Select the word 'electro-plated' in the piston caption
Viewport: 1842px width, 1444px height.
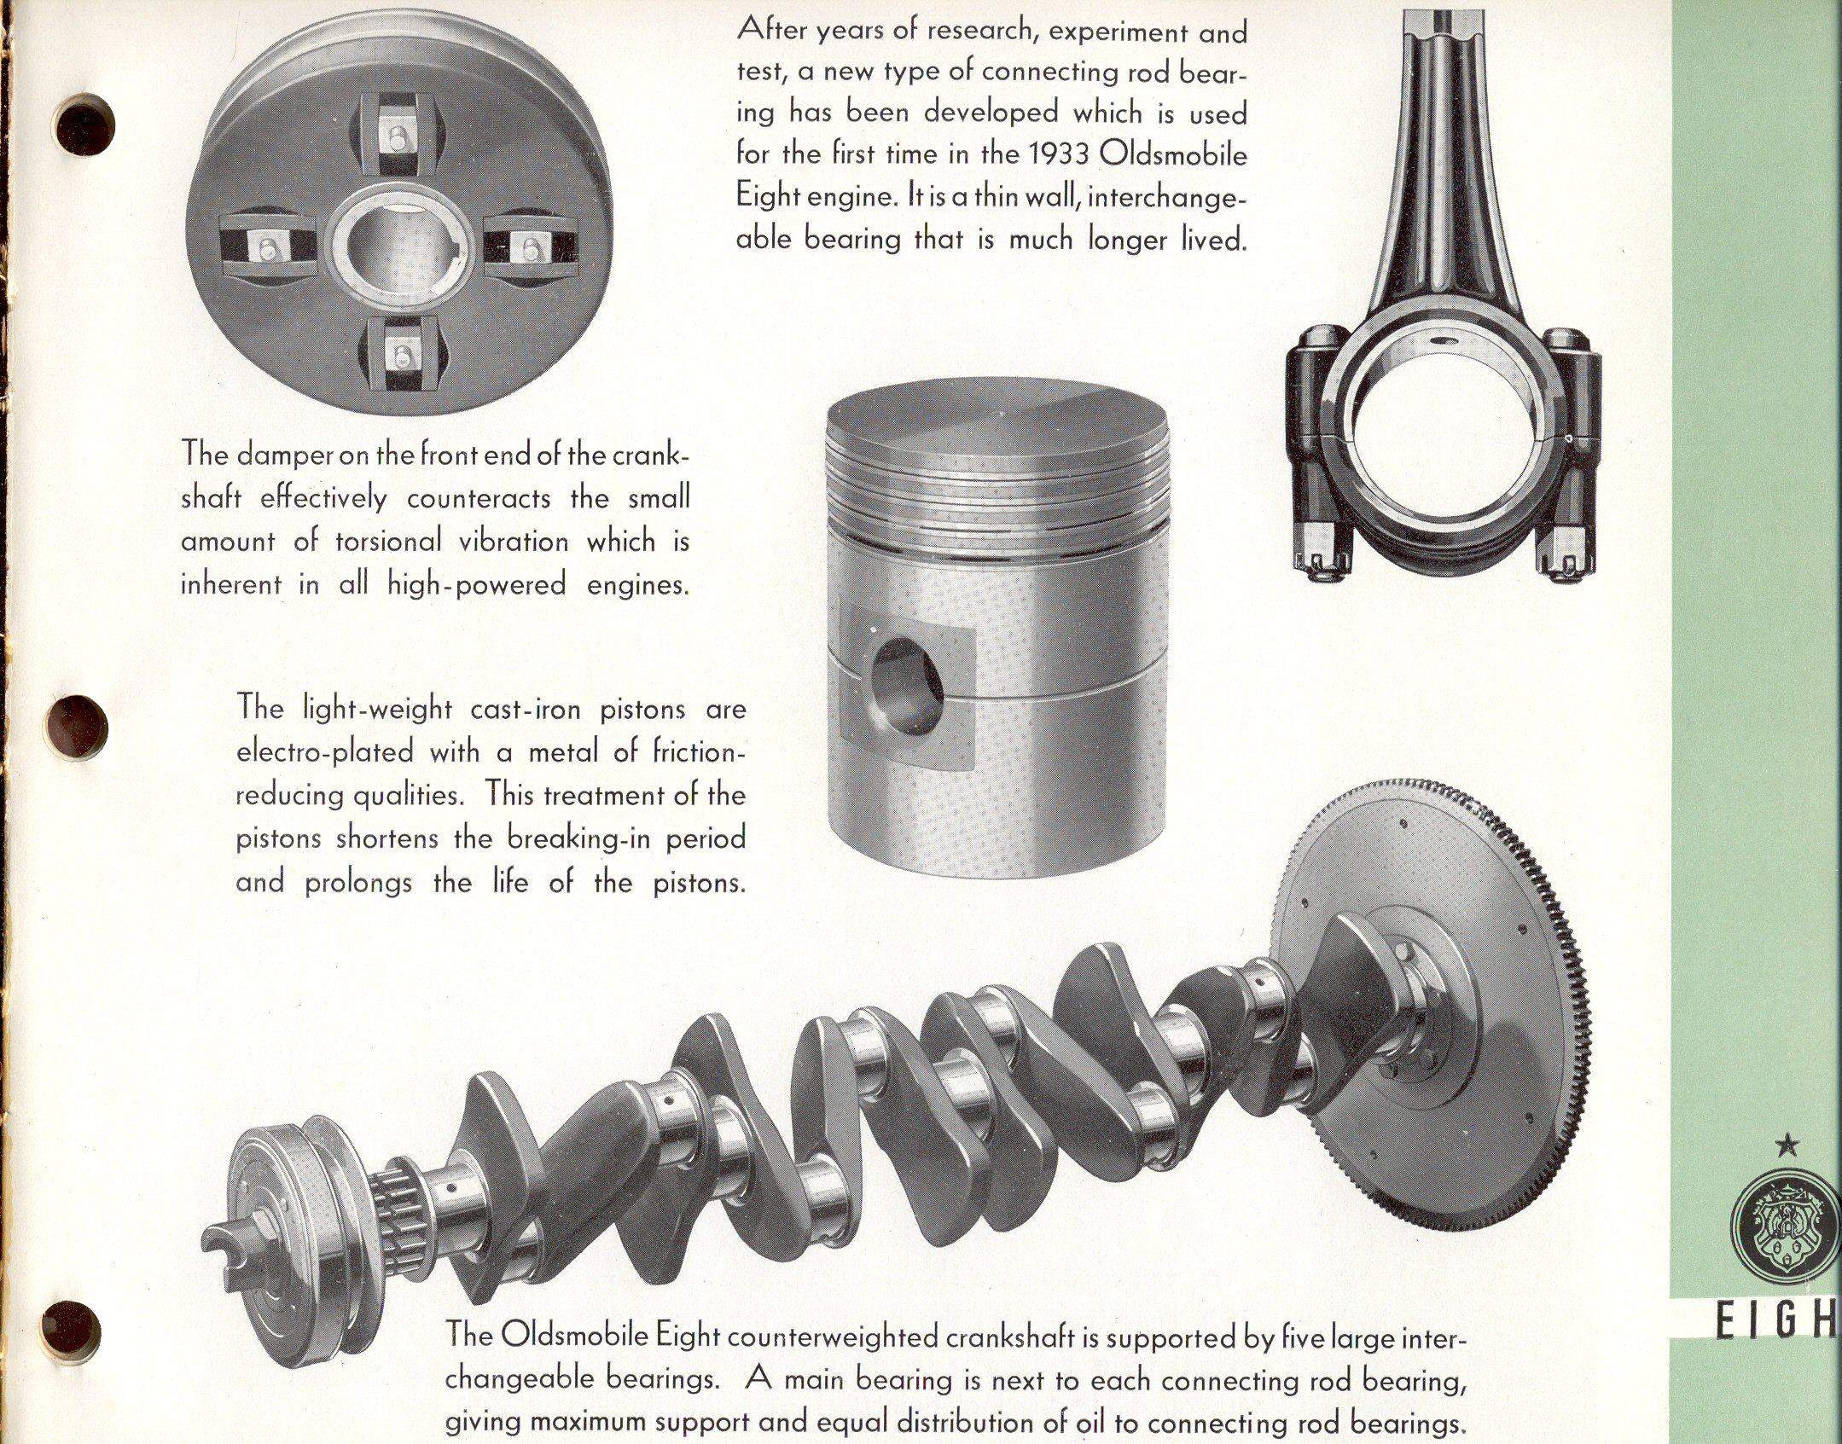pyautogui.click(x=325, y=753)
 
